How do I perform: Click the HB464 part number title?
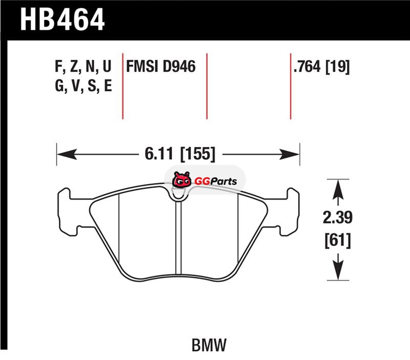(x=62, y=19)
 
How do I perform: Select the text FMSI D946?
(x=161, y=67)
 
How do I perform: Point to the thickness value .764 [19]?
(x=321, y=67)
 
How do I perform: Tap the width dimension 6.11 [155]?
(x=180, y=153)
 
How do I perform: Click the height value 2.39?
(x=338, y=217)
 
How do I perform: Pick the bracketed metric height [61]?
(x=338, y=240)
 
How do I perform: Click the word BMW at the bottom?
(x=209, y=345)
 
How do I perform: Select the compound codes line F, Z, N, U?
(x=83, y=66)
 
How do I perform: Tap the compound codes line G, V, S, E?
(x=84, y=86)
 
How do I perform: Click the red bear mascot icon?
(x=181, y=179)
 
